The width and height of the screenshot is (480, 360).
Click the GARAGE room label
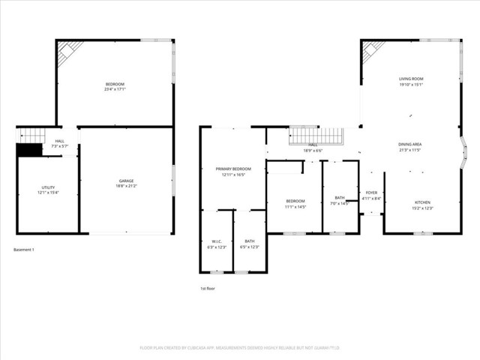coord(125,181)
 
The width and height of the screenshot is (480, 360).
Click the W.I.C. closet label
coord(216,241)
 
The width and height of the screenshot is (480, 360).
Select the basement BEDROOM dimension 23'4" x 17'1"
coord(115,89)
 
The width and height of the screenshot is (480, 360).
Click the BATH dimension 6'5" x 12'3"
coord(250,247)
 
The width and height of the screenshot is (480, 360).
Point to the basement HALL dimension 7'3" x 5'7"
coord(59,145)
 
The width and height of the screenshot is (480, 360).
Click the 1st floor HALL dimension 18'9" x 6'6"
coord(312,151)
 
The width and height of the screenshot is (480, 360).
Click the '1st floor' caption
coord(208,288)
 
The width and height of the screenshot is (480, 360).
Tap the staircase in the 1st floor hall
coord(316,136)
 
